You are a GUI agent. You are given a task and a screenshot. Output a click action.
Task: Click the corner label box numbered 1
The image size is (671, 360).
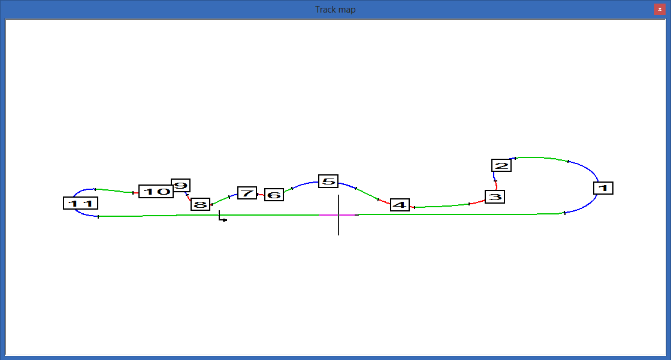pyautogui.click(x=603, y=188)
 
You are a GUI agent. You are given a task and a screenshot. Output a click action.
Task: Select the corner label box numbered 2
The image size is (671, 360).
pyautogui.click(x=501, y=165)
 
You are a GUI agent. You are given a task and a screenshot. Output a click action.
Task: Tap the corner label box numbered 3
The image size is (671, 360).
pyautogui.click(x=495, y=197)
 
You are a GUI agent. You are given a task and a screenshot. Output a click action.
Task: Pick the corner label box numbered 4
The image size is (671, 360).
pyautogui.click(x=400, y=205)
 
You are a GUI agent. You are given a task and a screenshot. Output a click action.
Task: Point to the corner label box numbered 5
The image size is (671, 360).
pyautogui.click(x=328, y=181)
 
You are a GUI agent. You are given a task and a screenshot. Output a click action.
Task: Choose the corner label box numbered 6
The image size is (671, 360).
pyautogui.click(x=274, y=195)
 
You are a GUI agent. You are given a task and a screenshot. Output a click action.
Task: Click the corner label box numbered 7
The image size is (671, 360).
pyautogui.click(x=247, y=193)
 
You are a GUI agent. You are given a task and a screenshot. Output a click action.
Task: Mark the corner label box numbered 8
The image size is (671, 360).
pyautogui.click(x=200, y=204)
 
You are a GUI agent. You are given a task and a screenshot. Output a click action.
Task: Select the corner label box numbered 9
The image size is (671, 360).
pyautogui.click(x=180, y=185)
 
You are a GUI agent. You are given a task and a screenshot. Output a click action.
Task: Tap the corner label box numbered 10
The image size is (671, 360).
pyautogui.click(x=156, y=191)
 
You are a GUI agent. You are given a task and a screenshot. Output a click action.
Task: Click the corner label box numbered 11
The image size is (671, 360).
pyautogui.click(x=80, y=203)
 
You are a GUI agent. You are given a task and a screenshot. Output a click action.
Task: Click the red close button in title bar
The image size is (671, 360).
pyautogui.click(x=660, y=9)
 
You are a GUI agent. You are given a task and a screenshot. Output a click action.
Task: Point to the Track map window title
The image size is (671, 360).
pyautogui.click(x=335, y=10)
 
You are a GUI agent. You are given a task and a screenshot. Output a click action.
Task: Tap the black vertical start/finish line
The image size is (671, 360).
pyautogui.click(x=338, y=215)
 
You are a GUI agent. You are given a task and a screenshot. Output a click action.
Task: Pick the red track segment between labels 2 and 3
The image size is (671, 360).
pyautogui.click(x=496, y=185)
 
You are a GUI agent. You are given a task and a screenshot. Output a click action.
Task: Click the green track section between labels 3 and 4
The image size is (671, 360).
pyautogui.click(x=442, y=206)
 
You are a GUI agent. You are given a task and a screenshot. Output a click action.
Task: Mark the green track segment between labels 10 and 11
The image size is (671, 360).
pyautogui.click(x=114, y=190)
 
